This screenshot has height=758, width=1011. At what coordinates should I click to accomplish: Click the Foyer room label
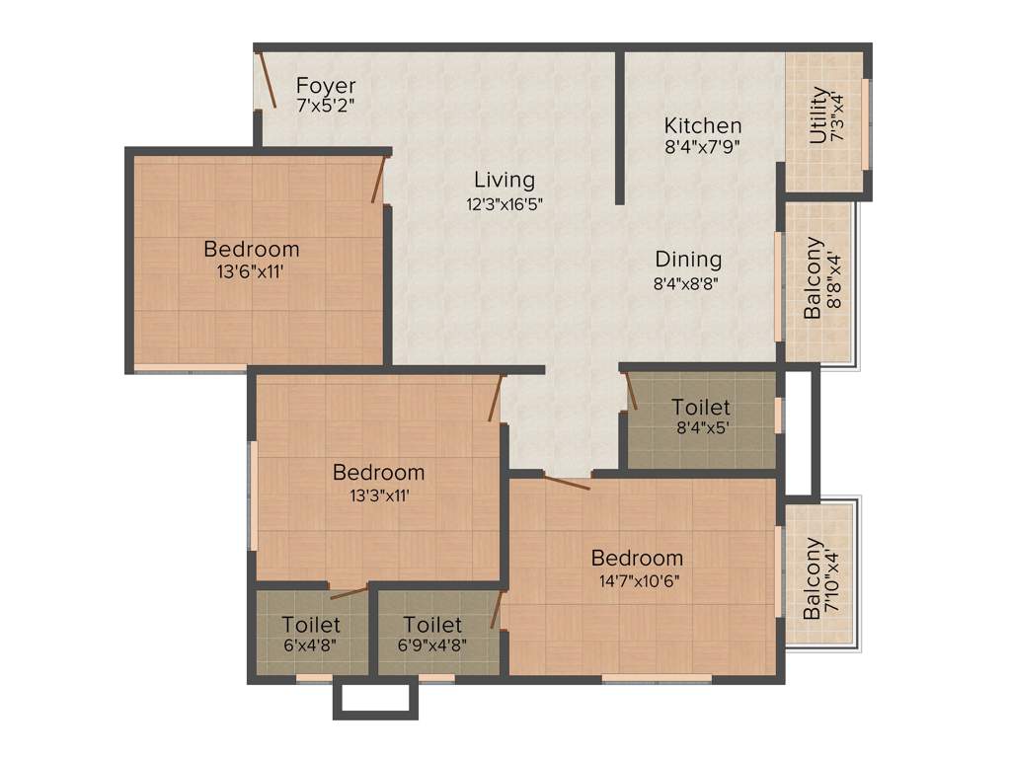click(326, 86)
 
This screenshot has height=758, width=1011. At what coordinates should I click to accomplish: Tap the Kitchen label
click(702, 126)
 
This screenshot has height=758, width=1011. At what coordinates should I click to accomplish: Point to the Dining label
click(688, 260)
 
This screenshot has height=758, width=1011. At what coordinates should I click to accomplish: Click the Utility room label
click(818, 115)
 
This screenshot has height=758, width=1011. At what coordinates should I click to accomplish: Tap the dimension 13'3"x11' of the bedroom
click(379, 495)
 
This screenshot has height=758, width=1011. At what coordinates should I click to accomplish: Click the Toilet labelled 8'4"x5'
click(701, 407)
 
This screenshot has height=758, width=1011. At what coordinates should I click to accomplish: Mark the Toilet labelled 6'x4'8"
click(310, 625)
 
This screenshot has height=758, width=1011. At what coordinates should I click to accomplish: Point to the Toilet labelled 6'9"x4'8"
click(432, 625)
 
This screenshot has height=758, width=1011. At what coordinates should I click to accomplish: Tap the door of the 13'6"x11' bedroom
click(377, 182)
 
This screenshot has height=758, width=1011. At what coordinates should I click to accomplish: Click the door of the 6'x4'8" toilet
click(349, 593)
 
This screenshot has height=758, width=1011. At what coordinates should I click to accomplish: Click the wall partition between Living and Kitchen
click(619, 126)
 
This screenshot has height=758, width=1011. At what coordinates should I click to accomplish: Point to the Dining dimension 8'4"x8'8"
click(688, 283)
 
